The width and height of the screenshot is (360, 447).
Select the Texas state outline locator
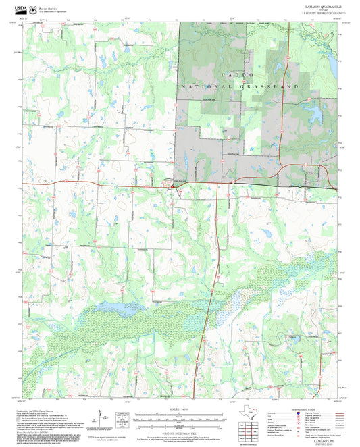coord(250,410)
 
